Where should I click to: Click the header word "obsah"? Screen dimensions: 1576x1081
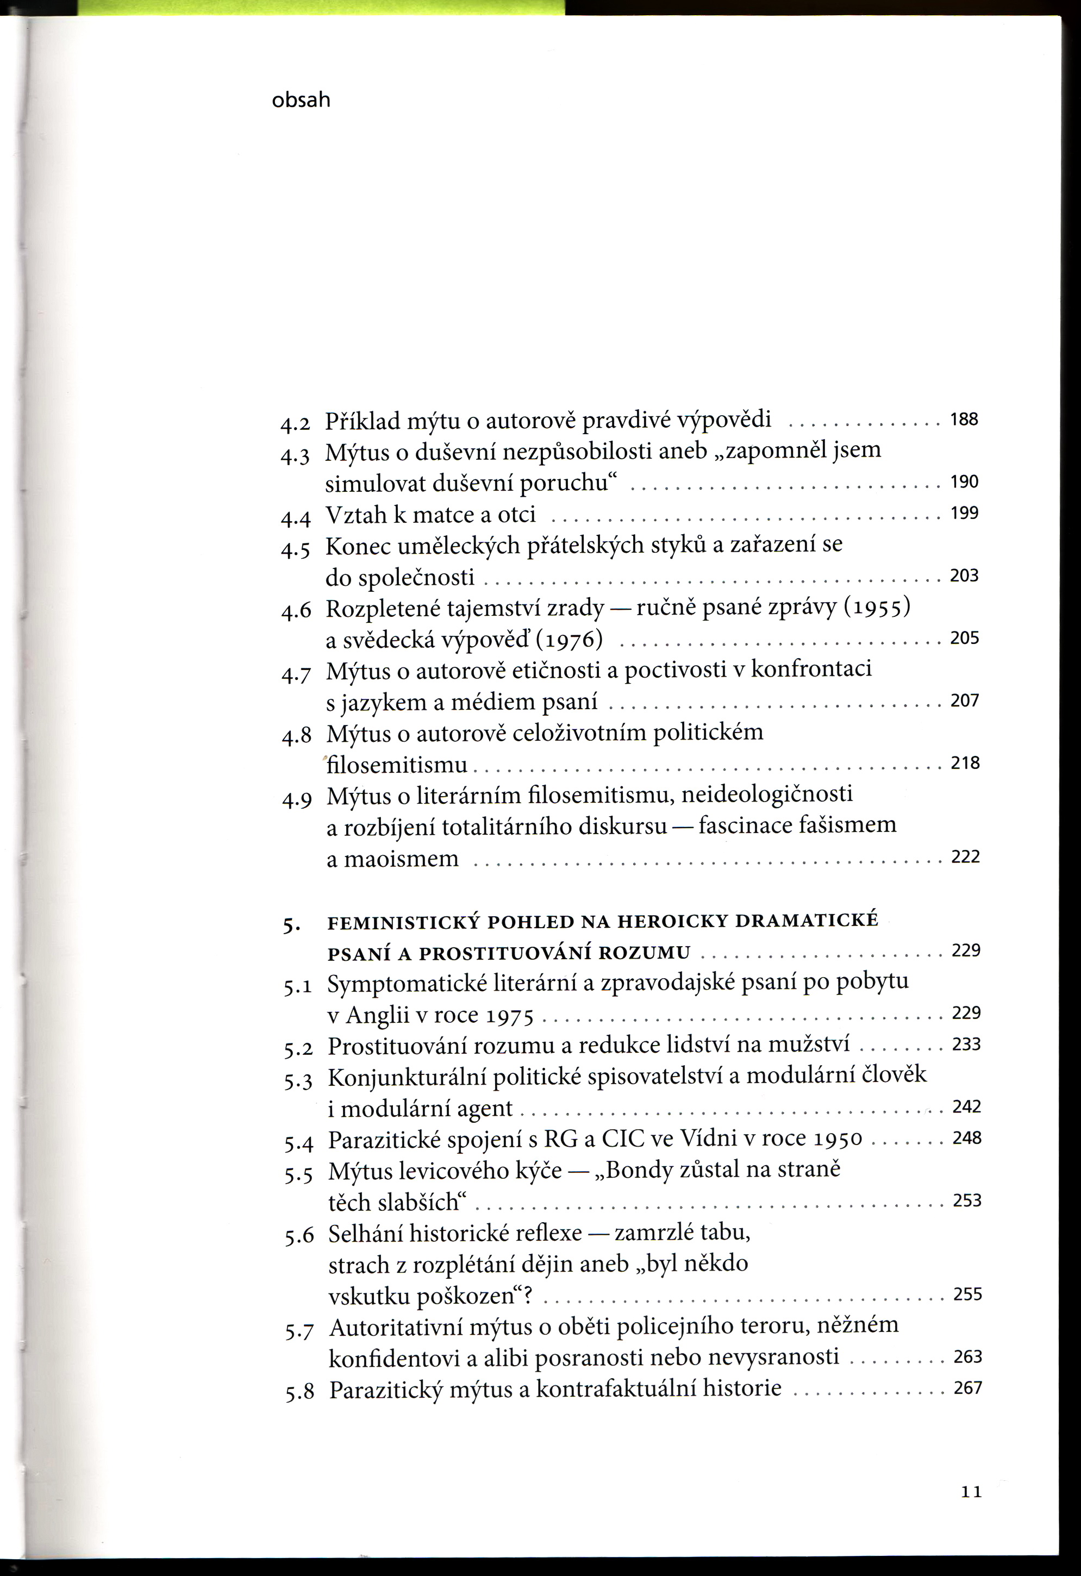pos(301,101)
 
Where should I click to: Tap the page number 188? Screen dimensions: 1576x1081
pos(964,419)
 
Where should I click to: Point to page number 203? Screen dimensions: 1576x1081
pos(964,575)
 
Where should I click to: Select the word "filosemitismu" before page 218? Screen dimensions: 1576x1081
pos(397,765)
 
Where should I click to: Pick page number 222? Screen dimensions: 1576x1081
pos(966,856)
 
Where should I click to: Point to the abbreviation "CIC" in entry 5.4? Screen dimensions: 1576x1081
pos(624,1139)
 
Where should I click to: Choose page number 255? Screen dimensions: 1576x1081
pos(967,1294)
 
